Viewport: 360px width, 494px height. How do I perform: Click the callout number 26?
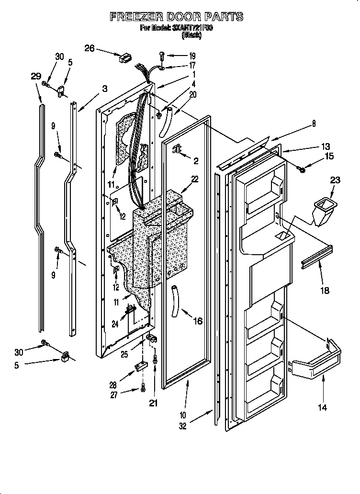(90, 48)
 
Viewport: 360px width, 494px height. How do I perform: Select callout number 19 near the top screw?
(192, 56)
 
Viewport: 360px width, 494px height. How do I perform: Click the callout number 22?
(194, 179)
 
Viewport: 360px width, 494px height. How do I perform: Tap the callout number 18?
(324, 291)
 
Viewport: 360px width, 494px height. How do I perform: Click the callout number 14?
(323, 407)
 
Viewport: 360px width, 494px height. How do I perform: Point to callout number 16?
(197, 321)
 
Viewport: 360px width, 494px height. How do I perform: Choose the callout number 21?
(153, 404)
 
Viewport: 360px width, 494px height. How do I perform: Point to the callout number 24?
(115, 324)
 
